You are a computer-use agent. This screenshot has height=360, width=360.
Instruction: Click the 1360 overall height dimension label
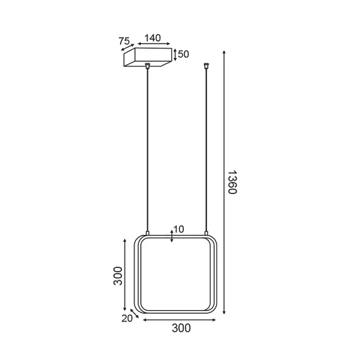232,182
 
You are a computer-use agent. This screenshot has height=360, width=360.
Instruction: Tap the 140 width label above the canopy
152,38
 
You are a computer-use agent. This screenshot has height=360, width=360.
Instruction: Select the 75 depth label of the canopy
124,41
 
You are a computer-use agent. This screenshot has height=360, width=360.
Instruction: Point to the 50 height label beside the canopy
184,54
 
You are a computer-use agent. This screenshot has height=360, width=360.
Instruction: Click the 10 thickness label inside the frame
179,229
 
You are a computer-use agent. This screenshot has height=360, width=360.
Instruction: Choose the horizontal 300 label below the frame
180,328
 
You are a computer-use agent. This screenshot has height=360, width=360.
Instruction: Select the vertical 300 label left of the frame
117,275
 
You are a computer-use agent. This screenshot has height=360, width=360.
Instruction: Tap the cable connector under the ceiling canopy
148,66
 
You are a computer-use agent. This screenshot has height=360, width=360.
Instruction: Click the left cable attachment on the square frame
148,234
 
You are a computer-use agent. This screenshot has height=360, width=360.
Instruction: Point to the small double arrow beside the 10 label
171,236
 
